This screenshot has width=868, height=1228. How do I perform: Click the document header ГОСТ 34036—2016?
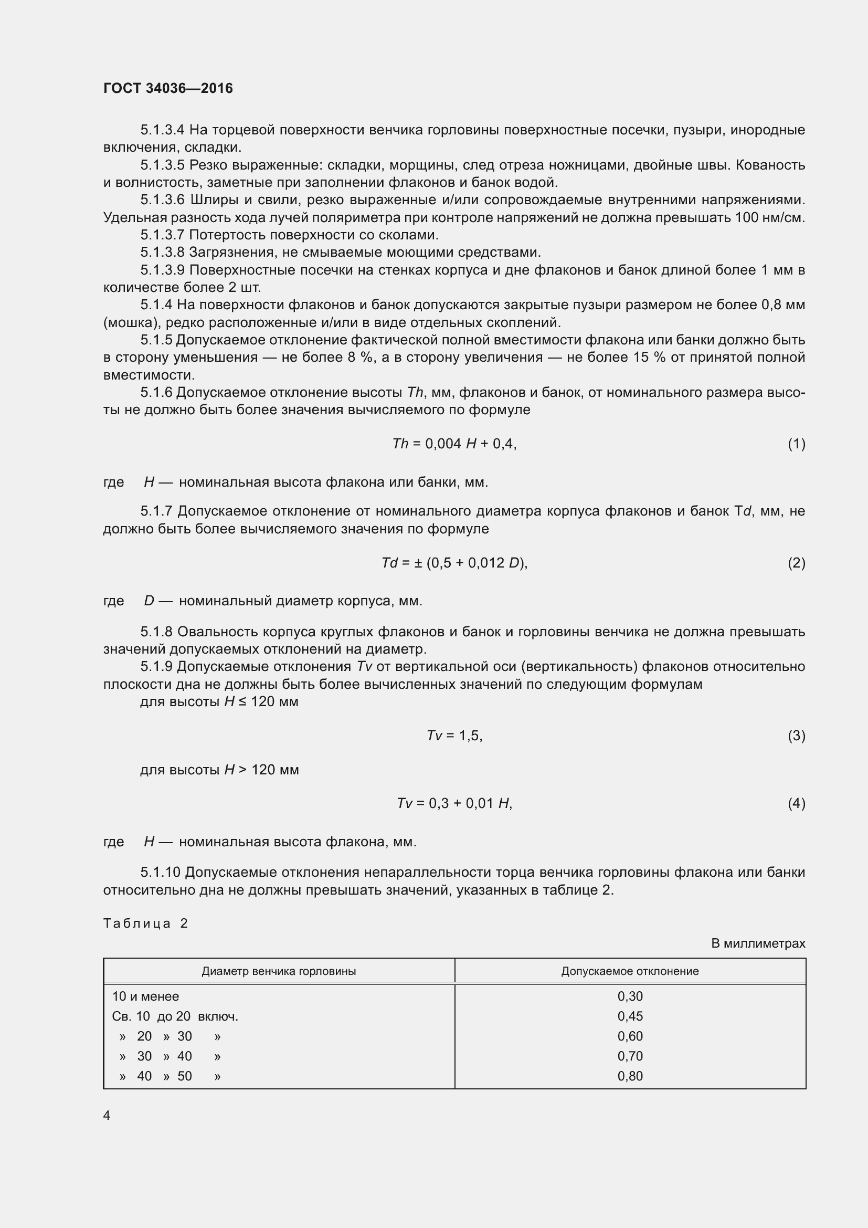tap(168, 88)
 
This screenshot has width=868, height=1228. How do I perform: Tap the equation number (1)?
tap(796, 444)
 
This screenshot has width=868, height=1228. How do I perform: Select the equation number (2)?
tap(796, 563)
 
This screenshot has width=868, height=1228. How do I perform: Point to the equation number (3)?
tap(796, 736)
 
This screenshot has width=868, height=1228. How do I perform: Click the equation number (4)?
tap(796, 803)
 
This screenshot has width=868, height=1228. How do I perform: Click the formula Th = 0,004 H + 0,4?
tap(454, 444)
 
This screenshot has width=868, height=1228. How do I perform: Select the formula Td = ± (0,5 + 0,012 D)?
tap(454, 563)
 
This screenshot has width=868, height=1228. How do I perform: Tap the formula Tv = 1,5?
tap(454, 736)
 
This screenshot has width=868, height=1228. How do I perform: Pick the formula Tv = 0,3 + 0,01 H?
tap(454, 803)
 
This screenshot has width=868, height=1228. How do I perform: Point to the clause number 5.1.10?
tap(161, 873)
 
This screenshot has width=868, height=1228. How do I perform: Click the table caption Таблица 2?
tap(145, 923)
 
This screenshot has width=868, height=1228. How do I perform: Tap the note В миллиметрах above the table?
tap(758, 943)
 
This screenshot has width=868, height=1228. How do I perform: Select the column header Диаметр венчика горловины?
tap(279, 971)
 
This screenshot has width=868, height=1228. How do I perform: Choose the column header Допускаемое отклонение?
tap(630, 971)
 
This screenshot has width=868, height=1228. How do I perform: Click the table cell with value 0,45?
tap(630, 1016)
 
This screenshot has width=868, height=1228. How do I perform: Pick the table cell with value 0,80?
tap(630, 1076)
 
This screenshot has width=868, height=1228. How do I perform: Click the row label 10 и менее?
tap(145, 996)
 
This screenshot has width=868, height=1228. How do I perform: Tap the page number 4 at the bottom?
tap(107, 1115)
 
